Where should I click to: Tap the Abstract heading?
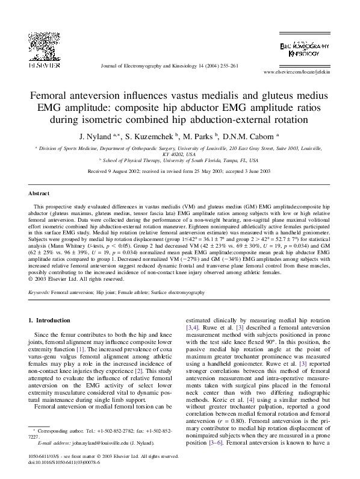tap(40, 194)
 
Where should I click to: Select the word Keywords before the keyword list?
tap(39, 292)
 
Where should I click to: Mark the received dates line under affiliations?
tap(179, 171)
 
